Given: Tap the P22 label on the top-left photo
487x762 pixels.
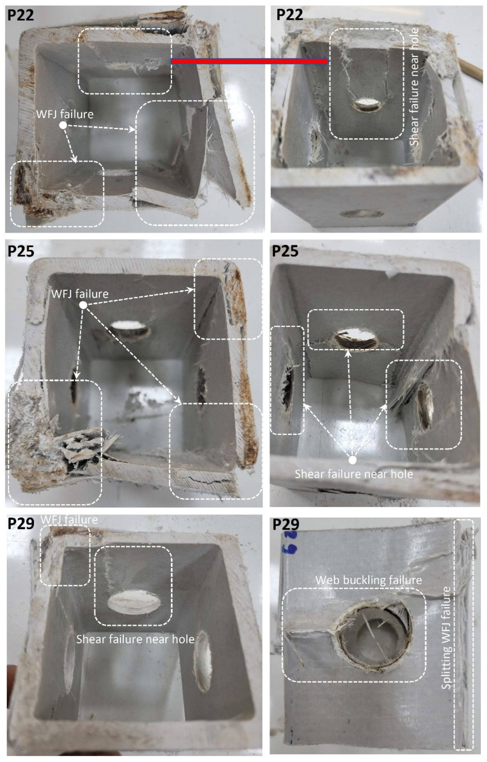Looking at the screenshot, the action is pyautogui.click(x=21, y=15).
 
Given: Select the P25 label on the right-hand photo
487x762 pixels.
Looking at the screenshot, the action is pyautogui.click(x=285, y=251).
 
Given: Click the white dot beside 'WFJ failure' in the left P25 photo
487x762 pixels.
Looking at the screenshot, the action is pyautogui.click(x=83, y=305).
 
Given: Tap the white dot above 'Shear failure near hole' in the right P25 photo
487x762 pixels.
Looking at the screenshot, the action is pyautogui.click(x=352, y=460).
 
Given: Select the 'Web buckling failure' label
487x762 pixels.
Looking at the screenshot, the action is pyautogui.click(x=369, y=580).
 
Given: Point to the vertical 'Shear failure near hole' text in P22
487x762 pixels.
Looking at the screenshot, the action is pyautogui.click(x=414, y=87).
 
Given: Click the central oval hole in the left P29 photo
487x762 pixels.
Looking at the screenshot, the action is pyautogui.click(x=134, y=603).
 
